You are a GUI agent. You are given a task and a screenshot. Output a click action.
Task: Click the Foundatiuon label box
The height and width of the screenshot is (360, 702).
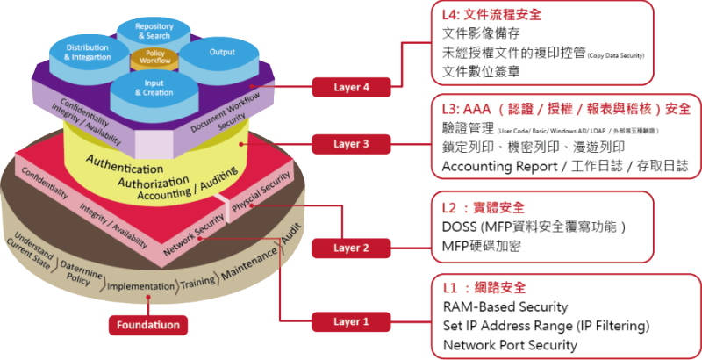[x=149, y=324]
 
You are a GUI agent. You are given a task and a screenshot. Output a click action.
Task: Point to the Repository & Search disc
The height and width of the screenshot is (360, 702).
[x=155, y=32]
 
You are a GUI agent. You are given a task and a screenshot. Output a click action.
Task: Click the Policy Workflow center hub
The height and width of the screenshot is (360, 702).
[x=154, y=59]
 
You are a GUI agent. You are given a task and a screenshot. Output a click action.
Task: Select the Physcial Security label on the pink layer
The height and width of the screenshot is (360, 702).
[x=261, y=189]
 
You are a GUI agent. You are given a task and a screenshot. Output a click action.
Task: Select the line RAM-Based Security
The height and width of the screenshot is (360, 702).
[x=505, y=307]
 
